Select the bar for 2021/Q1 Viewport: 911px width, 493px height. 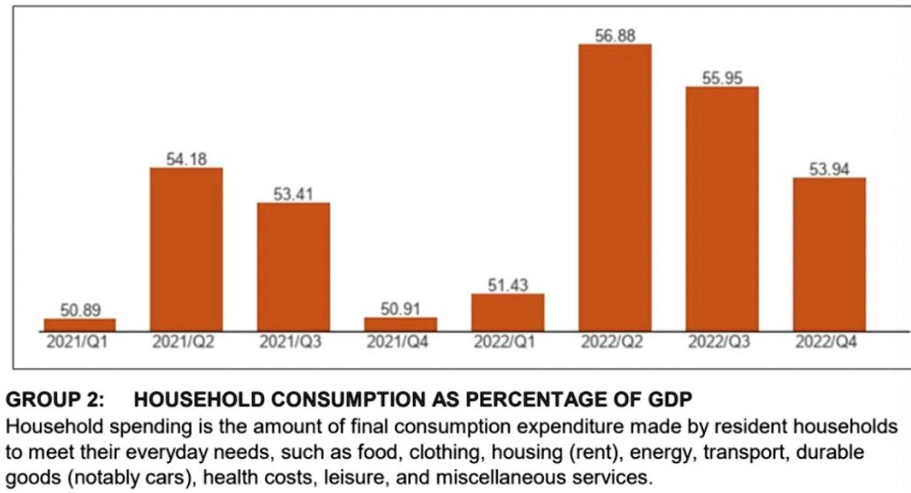pos(80,324)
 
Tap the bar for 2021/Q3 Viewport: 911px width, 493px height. pos(293,267)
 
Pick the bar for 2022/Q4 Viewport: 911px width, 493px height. pos(829,254)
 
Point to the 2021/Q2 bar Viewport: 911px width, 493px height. pos(186,249)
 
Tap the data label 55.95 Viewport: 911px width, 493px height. pos(721,79)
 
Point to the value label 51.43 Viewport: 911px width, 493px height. pos(507,286)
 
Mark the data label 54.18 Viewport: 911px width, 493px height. pos(186,159)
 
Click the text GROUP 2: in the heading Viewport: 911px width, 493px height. pos(55,400)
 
